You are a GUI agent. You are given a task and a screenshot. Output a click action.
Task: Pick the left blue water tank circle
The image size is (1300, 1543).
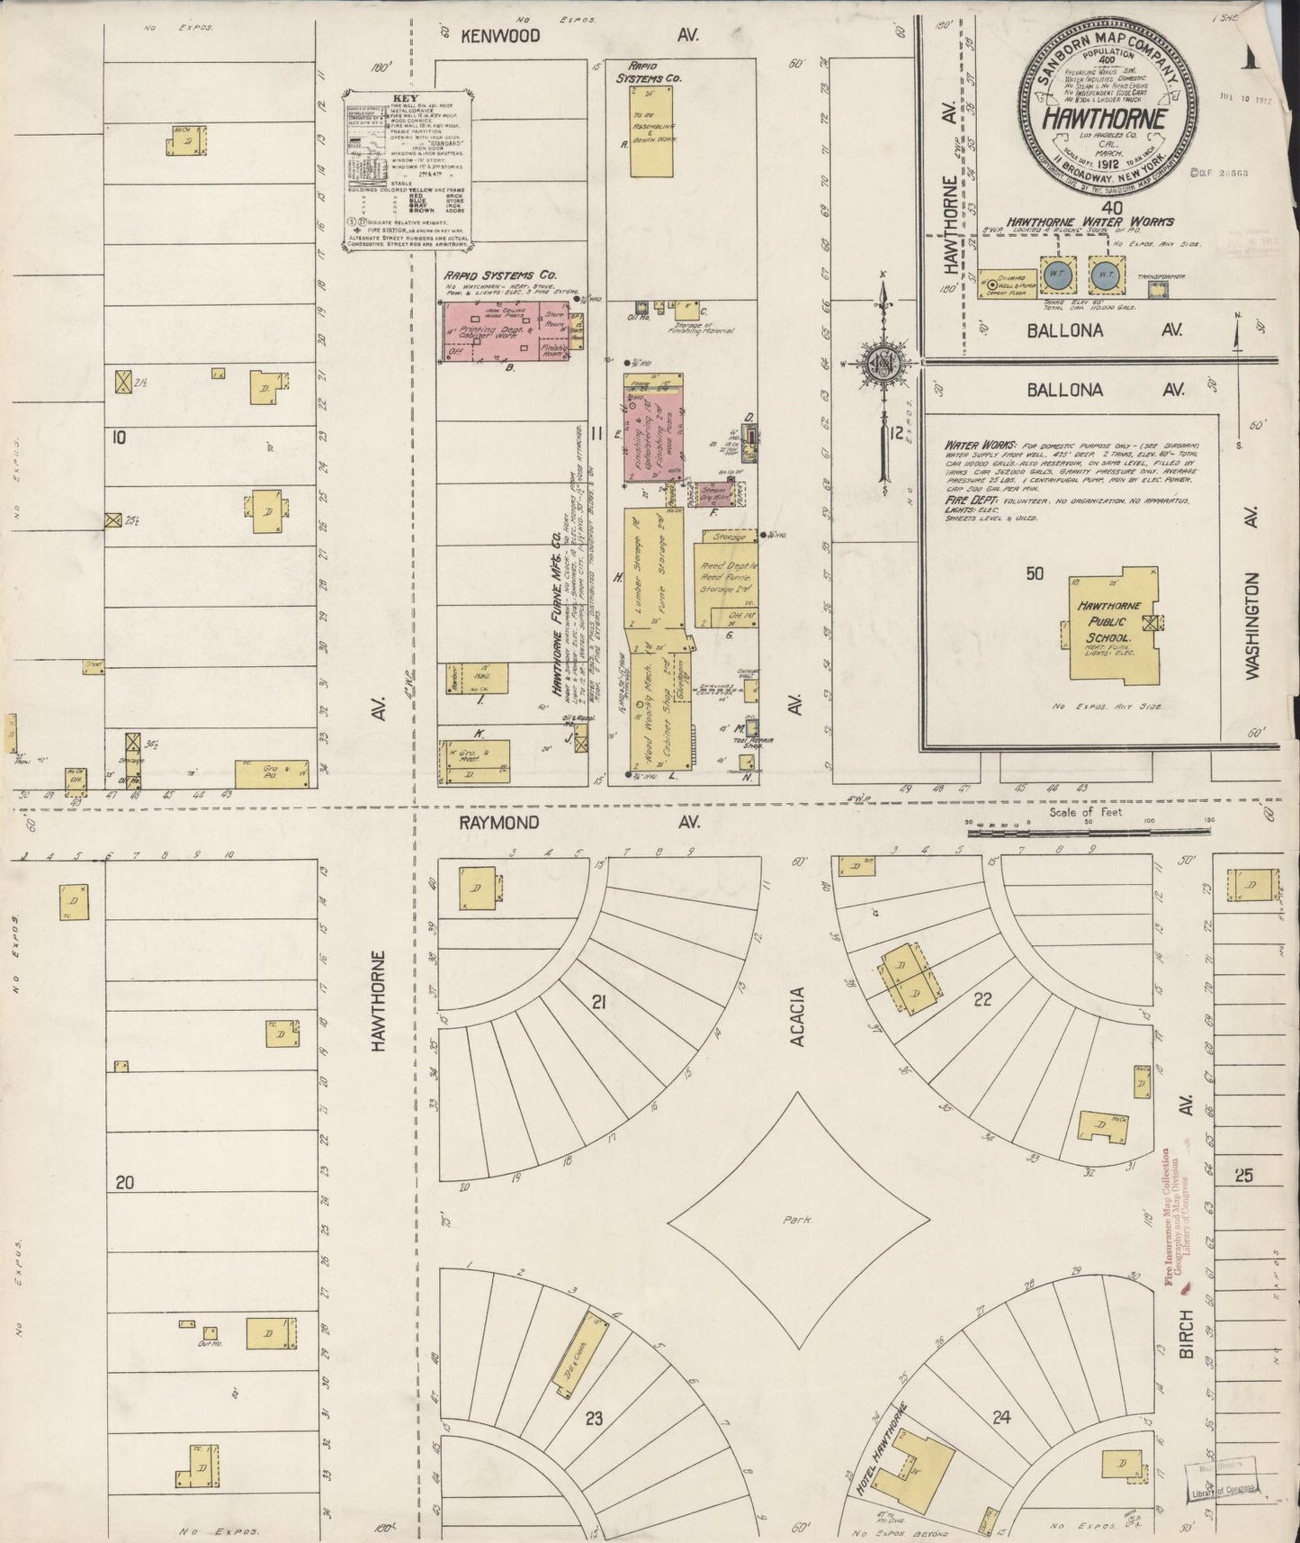point(1056,274)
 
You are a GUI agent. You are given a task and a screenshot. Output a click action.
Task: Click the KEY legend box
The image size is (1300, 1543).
point(408,167)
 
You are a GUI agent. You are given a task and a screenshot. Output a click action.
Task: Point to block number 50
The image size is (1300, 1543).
point(1036,573)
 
